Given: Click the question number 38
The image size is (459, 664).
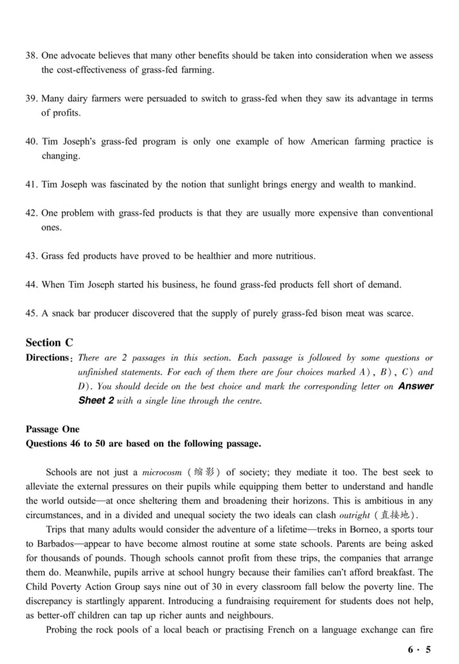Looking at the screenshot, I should point(32,56).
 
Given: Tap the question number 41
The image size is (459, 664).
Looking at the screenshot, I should point(32,184).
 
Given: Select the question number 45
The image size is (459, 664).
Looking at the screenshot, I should point(32,313).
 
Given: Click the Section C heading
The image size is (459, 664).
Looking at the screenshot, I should point(49,343).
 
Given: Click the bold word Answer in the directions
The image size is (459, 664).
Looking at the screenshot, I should point(415,386).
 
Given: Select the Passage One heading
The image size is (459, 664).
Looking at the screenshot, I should point(53,429).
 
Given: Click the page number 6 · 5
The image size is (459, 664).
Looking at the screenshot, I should point(419,650).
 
